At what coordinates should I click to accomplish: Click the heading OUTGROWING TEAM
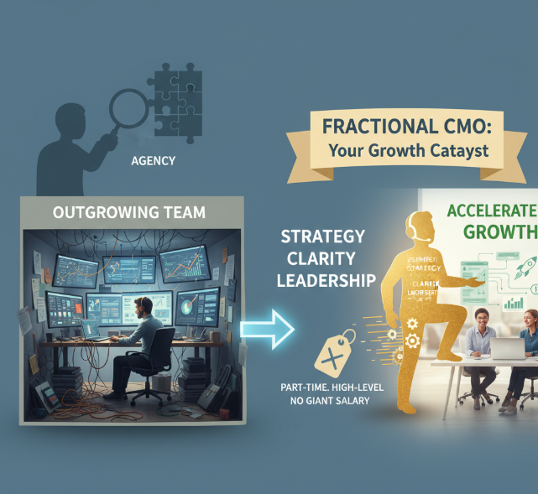point(128,212)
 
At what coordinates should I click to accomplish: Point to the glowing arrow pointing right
point(267,328)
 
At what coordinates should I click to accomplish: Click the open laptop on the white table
point(508,348)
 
